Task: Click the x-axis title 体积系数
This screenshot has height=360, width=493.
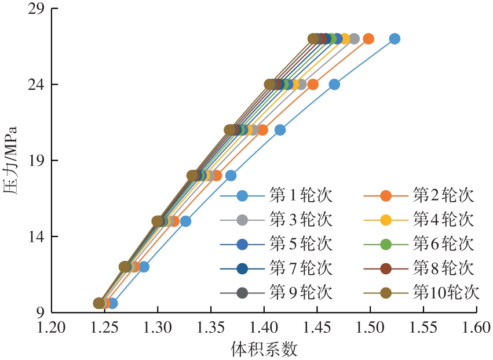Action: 264,349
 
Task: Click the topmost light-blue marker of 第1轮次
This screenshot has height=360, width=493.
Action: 395,39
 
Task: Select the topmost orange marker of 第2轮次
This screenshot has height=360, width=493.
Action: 368,39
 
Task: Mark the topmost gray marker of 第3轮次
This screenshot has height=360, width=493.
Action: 355,39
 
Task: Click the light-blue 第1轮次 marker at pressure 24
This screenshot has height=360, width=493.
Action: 334,84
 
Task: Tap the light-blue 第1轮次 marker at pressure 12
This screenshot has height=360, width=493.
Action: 144,267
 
